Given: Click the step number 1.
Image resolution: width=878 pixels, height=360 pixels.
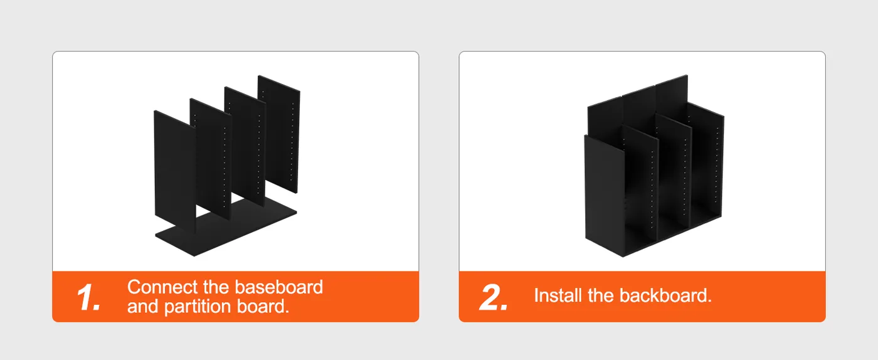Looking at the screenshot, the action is pyautogui.click(x=88, y=297).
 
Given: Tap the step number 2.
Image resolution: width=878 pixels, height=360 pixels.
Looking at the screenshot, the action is pyautogui.click(x=494, y=297).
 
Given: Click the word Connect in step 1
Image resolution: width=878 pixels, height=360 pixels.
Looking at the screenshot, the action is pyautogui.click(x=162, y=287).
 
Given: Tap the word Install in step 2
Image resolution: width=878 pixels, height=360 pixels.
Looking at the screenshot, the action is pyautogui.click(x=558, y=295).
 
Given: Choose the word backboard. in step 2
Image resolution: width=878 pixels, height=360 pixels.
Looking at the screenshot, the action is pyautogui.click(x=665, y=295).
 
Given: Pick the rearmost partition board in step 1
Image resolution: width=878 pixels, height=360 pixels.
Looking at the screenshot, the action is pyautogui.click(x=279, y=134).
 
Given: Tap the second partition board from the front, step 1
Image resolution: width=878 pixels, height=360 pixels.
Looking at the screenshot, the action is pyautogui.click(x=211, y=159).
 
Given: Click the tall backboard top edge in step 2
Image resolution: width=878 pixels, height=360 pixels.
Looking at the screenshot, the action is pyautogui.click(x=637, y=90).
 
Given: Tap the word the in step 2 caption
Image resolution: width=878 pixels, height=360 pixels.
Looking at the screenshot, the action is pyautogui.click(x=601, y=295).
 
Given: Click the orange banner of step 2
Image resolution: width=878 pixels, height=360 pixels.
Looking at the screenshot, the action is pyautogui.click(x=642, y=297).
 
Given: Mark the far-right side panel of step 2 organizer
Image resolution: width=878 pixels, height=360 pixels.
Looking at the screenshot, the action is pyautogui.click(x=706, y=165).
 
